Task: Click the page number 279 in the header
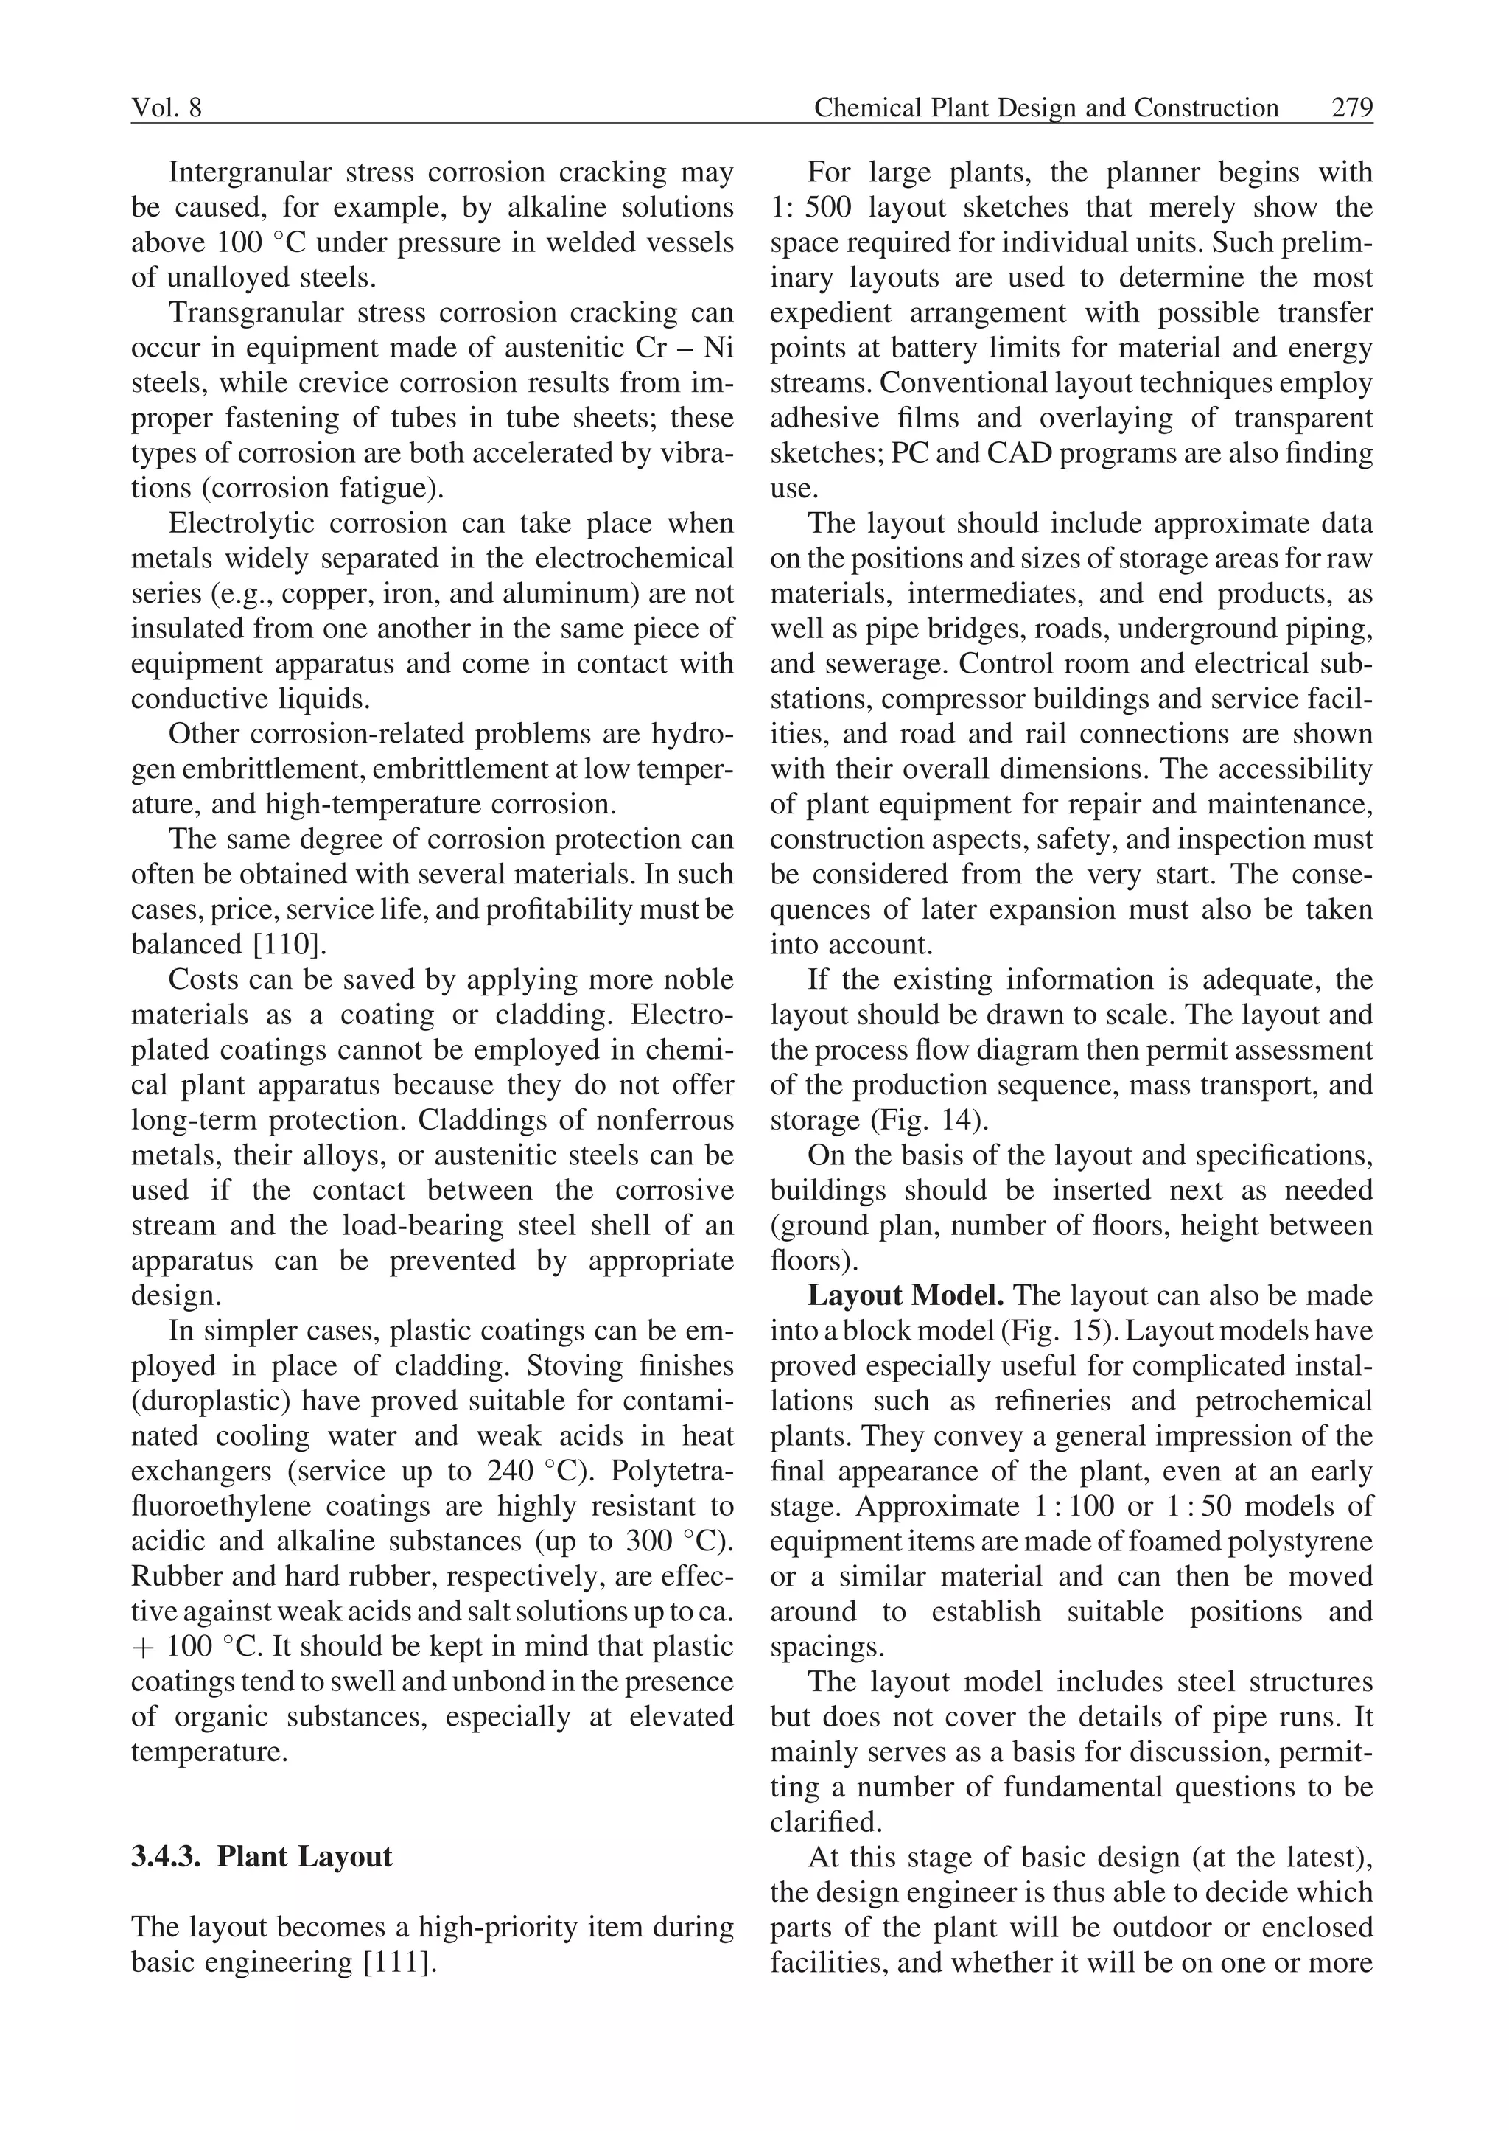pyautogui.click(x=1351, y=109)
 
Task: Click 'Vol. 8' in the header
pyautogui.click(x=167, y=109)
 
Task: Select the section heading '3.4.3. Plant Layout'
pyautogui.click(x=262, y=1857)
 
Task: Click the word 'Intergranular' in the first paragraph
pyautogui.click(x=246, y=173)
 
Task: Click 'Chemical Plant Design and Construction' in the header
pyautogui.click(x=1046, y=109)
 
